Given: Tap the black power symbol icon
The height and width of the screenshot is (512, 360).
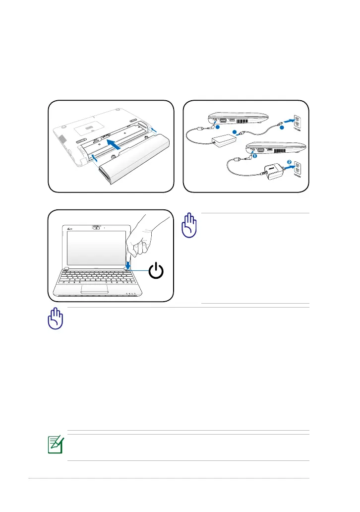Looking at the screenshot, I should click(x=156, y=271).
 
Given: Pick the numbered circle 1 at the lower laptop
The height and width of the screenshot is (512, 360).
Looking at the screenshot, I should click(x=255, y=155).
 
